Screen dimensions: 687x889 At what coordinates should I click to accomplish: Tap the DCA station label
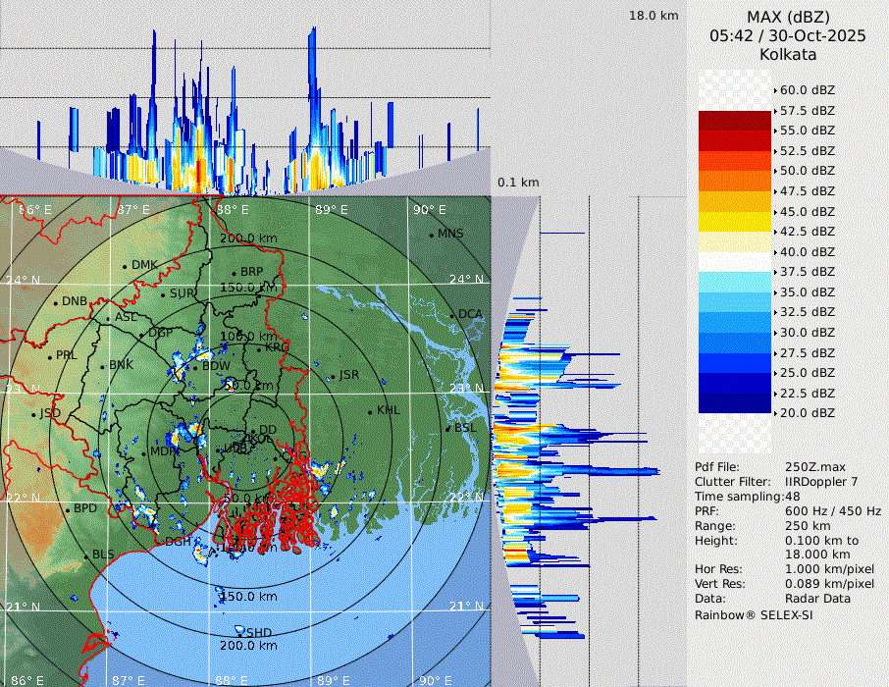[x=470, y=314]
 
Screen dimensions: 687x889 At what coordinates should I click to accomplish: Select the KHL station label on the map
[x=388, y=410]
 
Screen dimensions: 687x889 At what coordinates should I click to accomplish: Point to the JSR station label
[x=348, y=375]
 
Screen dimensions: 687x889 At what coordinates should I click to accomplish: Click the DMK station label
[x=144, y=265]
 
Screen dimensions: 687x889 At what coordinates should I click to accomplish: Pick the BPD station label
[x=85, y=509]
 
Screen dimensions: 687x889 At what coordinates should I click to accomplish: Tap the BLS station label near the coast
[x=103, y=555]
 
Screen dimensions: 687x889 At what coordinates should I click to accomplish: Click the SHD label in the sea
[x=258, y=633]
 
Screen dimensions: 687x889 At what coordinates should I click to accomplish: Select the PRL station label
[x=66, y=355]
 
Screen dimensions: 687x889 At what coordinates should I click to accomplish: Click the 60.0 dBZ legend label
[x=808, y=89]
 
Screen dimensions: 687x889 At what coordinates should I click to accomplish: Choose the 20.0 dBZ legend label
[x=808, y=413]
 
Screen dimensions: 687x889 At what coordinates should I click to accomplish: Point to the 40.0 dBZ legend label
[x=808, y=251]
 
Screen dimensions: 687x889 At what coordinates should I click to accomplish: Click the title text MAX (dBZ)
[x=788, y=17]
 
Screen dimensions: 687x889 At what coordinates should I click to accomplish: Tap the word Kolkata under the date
[x=788, y=54]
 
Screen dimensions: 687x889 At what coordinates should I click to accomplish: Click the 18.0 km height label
[x=654, y=16]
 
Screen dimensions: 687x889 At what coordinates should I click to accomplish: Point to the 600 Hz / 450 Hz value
[x=833, y=511]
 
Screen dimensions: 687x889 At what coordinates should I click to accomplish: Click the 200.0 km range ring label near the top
[x=247, y=238]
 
